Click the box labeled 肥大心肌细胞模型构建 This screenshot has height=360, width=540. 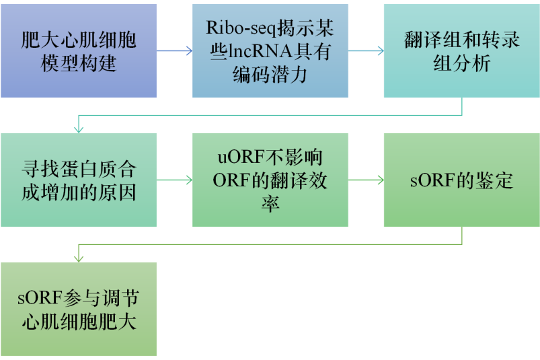pyautogui.click(x=79, y=51)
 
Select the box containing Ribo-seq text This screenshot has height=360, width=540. pyautogui.click(x=270, y=51)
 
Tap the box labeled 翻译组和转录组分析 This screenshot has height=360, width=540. pyautogui.click(x=461, y=51)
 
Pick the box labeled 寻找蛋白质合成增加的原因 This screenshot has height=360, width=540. pyautogui.click(x=79, y=180)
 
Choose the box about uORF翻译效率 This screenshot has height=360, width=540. pyautogui.click(x=270, y=180)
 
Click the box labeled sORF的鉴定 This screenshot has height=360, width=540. pyautogui.click(x=461, y=180)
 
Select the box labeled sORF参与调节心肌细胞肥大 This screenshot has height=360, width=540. pyautogui.click(x=79, y=309)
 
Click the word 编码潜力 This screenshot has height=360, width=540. pyautogui.click(x=270, y=73)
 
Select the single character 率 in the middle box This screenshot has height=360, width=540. pyautogui.click(x=270, y=203)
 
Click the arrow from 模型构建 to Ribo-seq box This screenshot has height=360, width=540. pyautogui.click(x=174, y=51)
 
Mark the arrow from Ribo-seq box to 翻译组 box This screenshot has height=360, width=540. pyautogui.click(x=366, y=51)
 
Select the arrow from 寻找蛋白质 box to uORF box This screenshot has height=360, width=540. pyautogui.click(x=174, y=180)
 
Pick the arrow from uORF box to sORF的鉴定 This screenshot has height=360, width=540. pyautogui.click(x=366, y=180)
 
